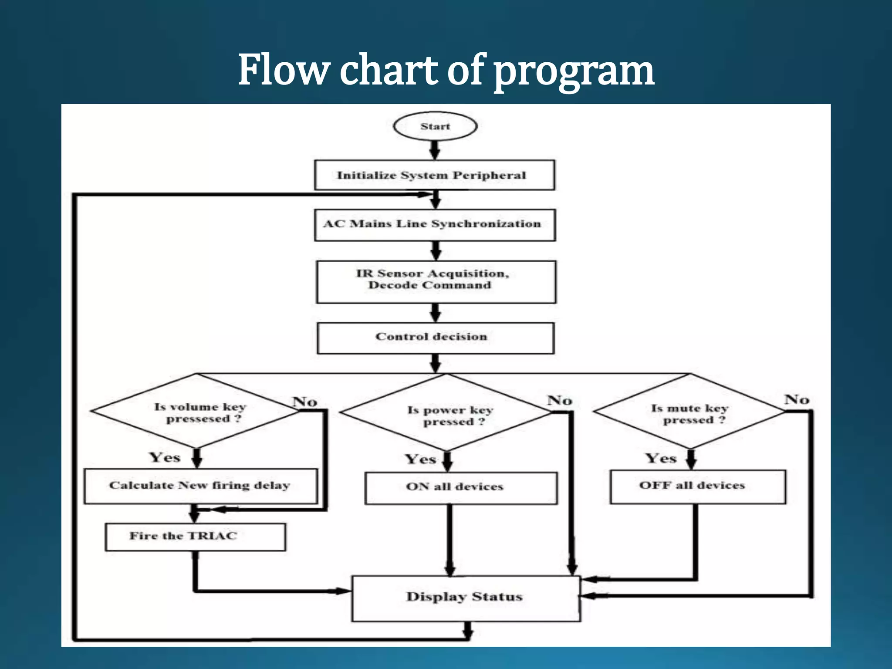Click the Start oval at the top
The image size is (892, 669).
coord(435,127)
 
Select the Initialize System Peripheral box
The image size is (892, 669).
coord(434,175)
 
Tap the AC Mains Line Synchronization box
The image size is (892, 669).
coord(435,225)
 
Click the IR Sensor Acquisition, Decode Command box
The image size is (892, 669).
coord(436,281)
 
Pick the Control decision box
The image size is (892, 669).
coord(436,338)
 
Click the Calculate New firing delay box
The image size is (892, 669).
coord(200,486)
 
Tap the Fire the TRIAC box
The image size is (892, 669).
coord(195,537)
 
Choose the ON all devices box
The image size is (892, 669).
coord(460,488)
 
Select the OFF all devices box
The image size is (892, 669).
coord(698,487)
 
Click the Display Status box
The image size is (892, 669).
coord(465,598)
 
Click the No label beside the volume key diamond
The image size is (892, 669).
coord(304,402)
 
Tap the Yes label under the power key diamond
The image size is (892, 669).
coord(420,460)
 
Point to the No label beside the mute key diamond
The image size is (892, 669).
coord(797,399)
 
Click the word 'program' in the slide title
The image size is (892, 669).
coord(574,72)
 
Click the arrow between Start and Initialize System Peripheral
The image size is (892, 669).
coord(435,150)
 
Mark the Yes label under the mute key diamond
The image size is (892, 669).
coord(661,458)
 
